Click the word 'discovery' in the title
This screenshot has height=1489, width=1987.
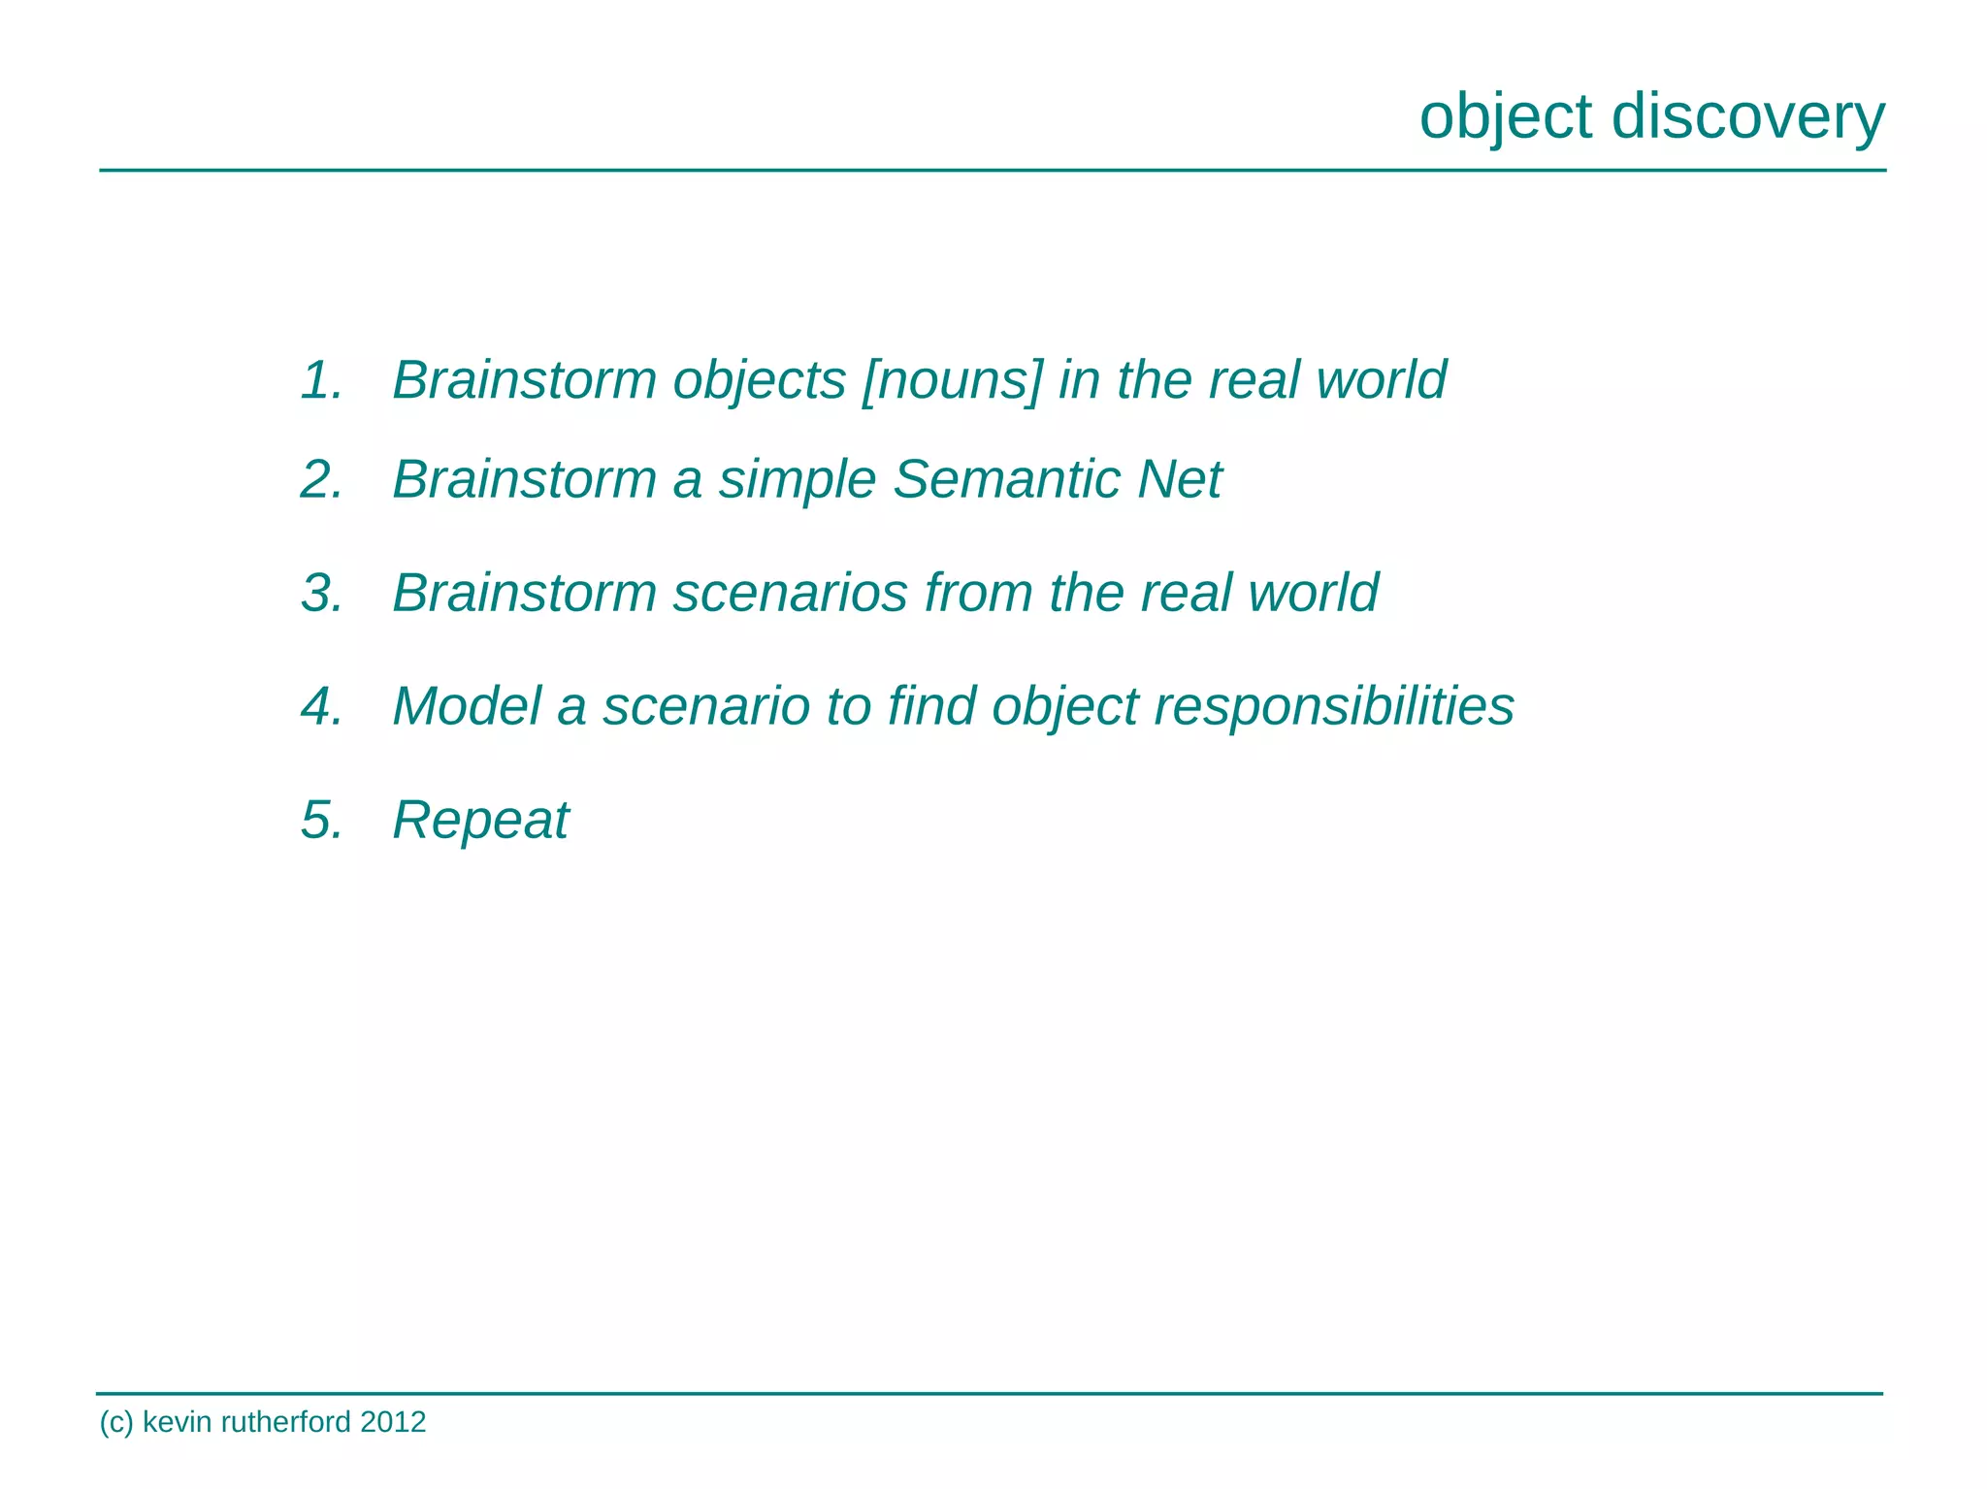point(1748,116)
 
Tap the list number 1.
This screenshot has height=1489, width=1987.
point(321,379)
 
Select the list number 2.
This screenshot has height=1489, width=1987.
point(321,479)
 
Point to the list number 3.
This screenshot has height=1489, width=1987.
point(321,593)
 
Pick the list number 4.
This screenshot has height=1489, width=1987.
point(321,706)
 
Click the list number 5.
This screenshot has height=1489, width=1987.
point(321,820)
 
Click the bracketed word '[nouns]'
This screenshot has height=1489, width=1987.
point(952,379)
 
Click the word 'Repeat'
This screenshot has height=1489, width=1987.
point(480,821)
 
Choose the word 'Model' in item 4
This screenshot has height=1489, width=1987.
point(467,706)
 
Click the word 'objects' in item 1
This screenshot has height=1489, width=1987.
point(759,381)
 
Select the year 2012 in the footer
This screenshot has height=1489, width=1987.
point(393,1422)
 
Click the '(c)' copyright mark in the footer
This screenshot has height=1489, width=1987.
point(115,1423)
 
